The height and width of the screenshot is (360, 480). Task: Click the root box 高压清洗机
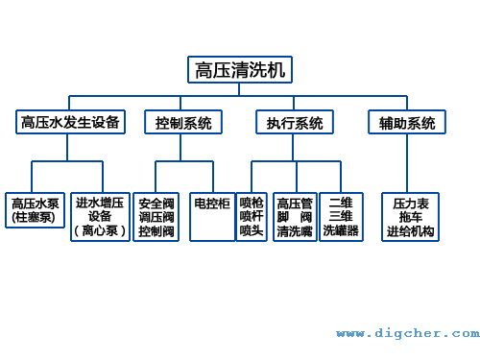point(239,69)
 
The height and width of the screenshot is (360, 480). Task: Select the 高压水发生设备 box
point(70,122)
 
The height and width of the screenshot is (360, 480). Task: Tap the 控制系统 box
point(183,122)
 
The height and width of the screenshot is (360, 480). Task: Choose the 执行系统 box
point(294,122)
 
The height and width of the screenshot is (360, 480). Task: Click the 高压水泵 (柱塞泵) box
point(35,213)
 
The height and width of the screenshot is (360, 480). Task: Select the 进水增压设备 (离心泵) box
point(100,215)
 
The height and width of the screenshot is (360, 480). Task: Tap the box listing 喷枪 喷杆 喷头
point(252,215)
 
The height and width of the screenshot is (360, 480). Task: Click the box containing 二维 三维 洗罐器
point(341,215)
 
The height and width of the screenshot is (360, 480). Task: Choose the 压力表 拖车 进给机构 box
point(410,217)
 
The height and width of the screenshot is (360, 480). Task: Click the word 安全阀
point(156,204)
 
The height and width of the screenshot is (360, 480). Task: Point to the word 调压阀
point(156,217)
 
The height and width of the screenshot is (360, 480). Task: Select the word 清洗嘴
point(294,230)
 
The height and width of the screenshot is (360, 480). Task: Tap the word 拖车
point(410,218)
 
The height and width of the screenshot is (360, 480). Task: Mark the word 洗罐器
point(341,230)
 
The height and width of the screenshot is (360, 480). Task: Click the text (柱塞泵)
point(35,218)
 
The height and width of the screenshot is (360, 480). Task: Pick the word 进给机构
point(410,231)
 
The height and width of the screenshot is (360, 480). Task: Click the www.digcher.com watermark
point(407,333)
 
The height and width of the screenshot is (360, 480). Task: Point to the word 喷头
point(252,230)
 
